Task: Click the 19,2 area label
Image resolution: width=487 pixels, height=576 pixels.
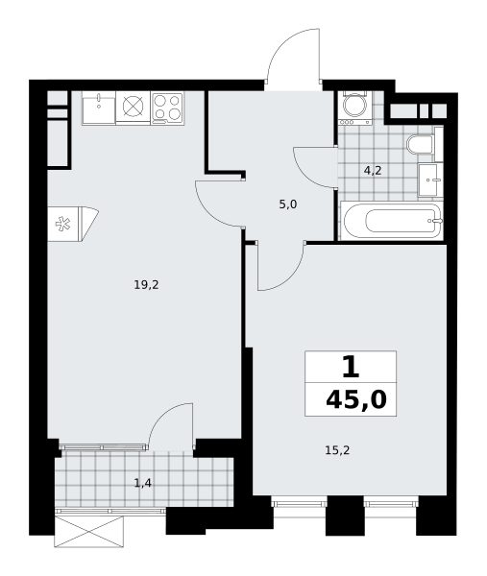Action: (146, 285)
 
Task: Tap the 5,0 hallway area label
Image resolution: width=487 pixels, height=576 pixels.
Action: (288, 204)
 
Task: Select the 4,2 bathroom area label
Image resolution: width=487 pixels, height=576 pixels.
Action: (373, 171)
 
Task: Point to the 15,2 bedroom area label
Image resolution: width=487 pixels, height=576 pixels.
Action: (337, 450)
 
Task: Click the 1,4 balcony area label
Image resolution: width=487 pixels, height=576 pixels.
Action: (143, 484)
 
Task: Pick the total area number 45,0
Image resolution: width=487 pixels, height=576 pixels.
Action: (356, 399)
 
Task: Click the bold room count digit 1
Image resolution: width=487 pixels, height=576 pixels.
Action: (351, 367)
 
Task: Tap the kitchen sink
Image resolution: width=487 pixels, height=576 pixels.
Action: (99, 108)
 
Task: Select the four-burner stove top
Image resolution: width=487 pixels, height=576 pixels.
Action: (167, 107)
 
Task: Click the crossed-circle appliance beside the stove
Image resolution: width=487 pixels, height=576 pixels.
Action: (133, 107)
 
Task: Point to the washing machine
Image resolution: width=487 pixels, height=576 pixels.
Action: (354, 108)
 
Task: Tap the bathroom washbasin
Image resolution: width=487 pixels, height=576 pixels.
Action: (430, 180)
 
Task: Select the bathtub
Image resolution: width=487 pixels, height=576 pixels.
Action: (392, 221)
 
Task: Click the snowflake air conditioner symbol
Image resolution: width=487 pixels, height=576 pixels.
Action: (62, 224)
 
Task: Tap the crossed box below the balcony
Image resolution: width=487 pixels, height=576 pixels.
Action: (87, 532)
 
